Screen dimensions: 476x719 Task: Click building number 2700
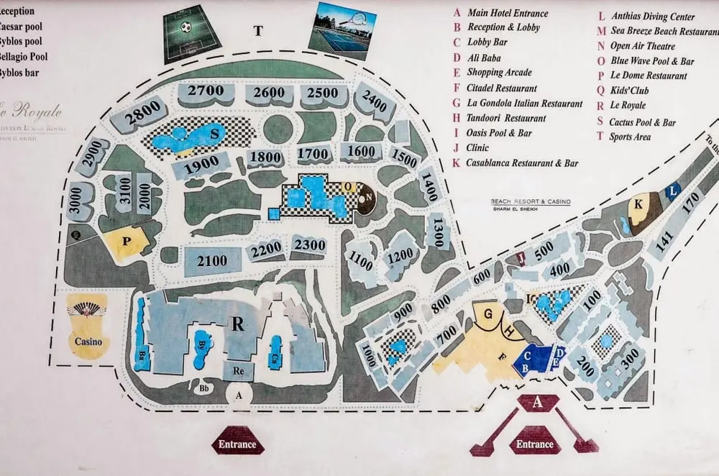206,91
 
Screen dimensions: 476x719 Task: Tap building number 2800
142,116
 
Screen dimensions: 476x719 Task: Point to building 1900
197,165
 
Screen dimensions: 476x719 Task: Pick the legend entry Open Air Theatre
641,46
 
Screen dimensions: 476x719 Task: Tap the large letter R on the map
237,324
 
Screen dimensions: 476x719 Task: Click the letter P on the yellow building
127,242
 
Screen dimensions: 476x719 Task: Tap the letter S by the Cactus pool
214,133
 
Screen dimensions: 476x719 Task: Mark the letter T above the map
258,30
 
